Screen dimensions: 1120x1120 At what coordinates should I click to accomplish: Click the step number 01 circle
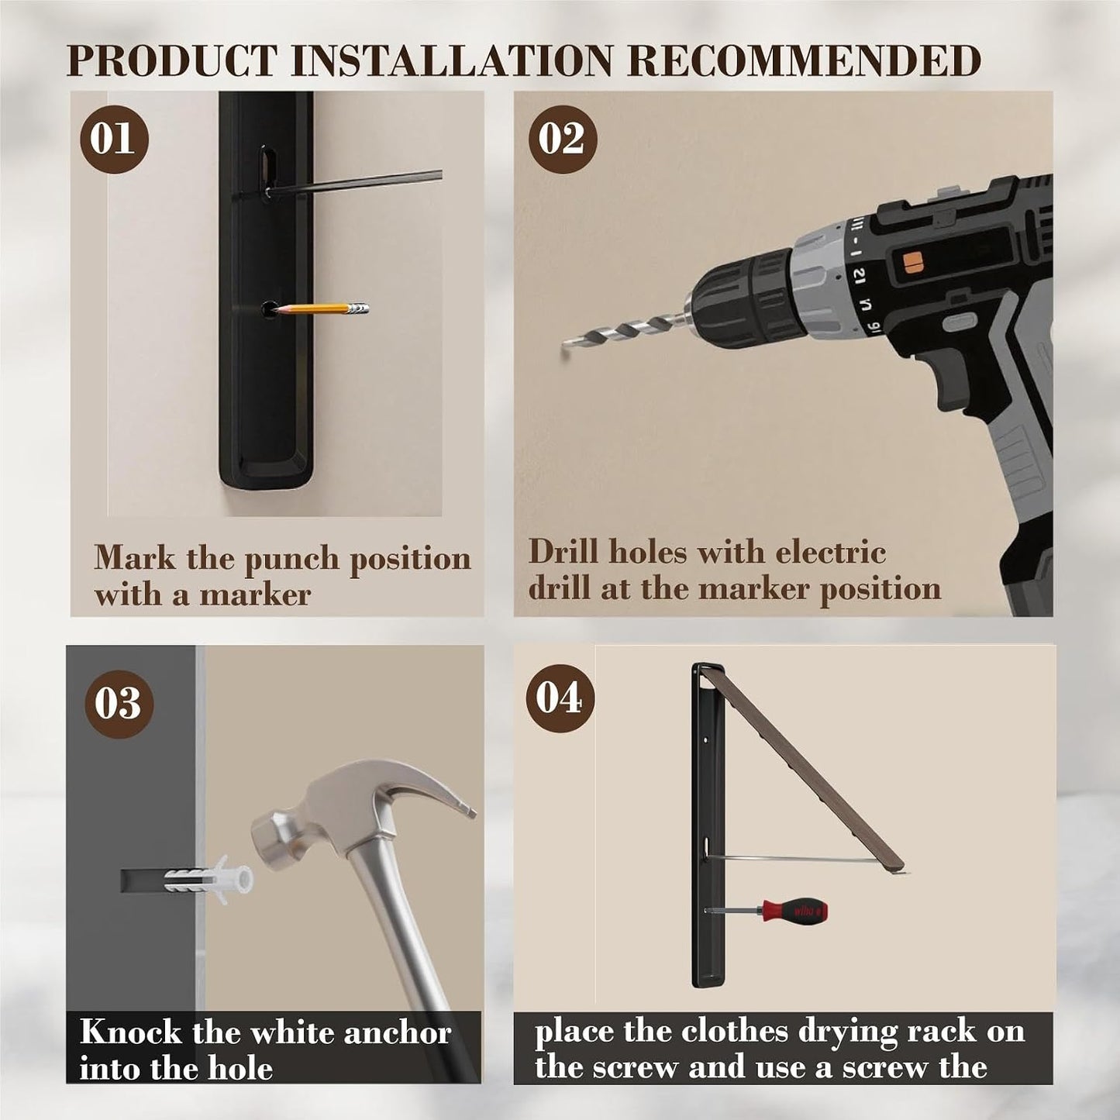coord(115,140)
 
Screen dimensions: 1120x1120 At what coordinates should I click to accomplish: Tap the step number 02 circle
coord(563,140)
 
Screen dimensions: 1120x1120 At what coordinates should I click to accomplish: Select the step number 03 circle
coord(119,703)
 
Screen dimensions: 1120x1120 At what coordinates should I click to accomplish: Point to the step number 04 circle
coord(560,698)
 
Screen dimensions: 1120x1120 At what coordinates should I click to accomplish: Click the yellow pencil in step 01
coord(322,308)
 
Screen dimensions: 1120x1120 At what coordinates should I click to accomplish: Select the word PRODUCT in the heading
coord(171,60)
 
